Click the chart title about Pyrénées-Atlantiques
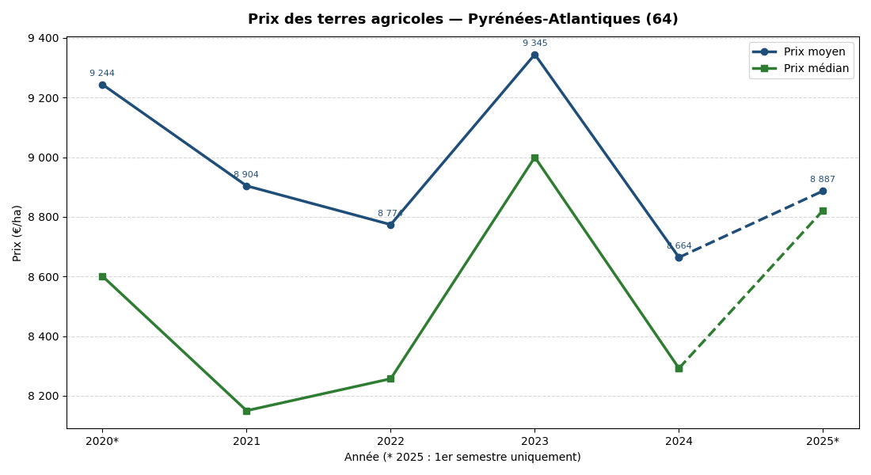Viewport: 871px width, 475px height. point(462,19)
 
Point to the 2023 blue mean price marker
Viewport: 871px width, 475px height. point(534,55)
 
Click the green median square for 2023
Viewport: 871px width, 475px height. point(534,158)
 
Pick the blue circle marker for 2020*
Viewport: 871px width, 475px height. point(102,85)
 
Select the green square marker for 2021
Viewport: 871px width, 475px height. point(246,411)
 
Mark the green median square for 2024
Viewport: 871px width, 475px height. point(679,368)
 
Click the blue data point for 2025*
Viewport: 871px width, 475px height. point(823,191)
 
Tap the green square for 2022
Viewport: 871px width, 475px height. point(390,378)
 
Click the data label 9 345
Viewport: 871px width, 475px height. point(534,44)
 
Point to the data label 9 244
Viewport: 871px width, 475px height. point(102,74)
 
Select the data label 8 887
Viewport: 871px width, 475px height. point(822,180)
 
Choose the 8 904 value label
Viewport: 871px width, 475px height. point(246,175)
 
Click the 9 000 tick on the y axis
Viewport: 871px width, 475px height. point(43,158)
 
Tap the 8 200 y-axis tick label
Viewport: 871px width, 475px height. point(43,396)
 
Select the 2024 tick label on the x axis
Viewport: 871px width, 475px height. point(679,441)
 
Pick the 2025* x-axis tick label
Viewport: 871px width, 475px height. point(823,441)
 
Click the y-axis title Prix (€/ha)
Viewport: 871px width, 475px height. point(17,233)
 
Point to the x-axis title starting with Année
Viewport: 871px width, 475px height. point(462,458)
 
